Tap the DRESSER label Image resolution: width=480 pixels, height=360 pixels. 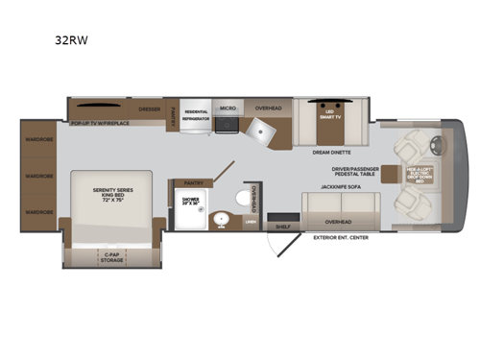[149, 109]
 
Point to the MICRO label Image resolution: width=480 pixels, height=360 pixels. [228, 109]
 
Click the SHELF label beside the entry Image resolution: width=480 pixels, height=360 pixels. [282, 228]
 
